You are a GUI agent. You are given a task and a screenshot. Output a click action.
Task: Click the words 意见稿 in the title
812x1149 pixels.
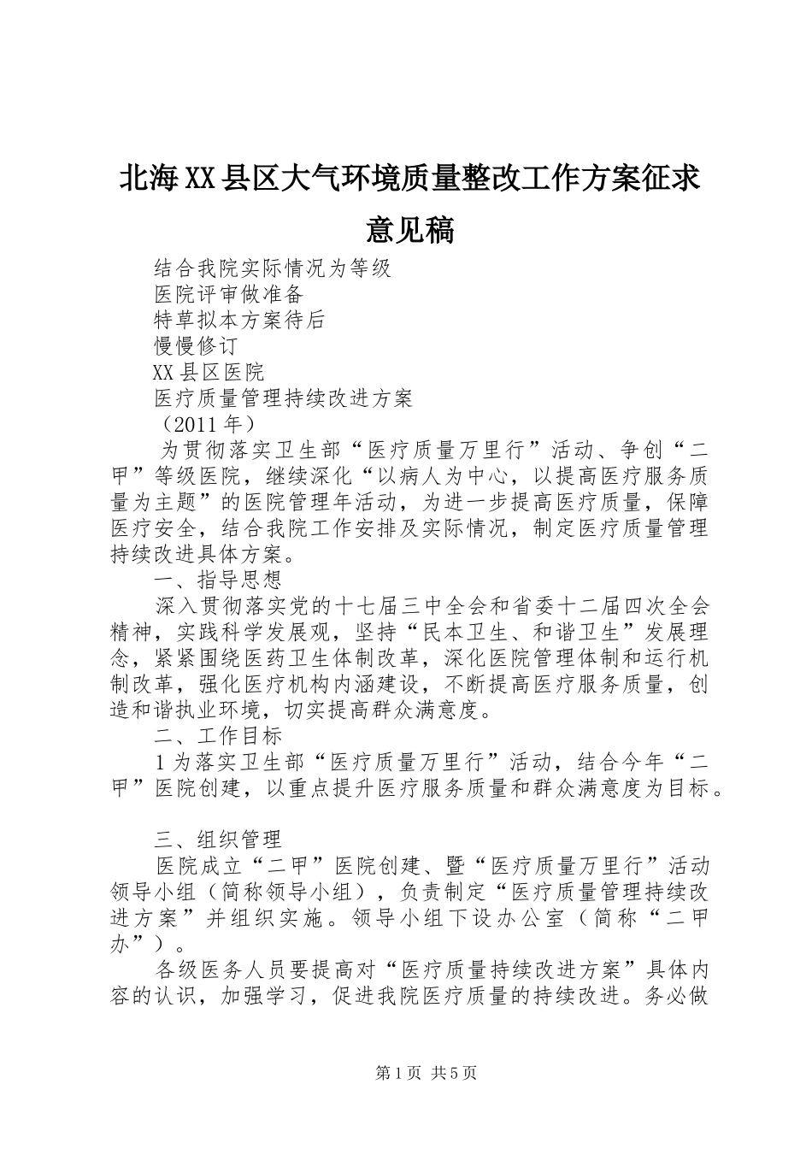[406, 229]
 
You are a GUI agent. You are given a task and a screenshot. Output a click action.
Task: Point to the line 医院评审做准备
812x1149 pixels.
[229, 294]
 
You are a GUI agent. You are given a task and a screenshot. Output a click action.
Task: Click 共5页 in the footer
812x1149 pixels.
[455, 1073]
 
